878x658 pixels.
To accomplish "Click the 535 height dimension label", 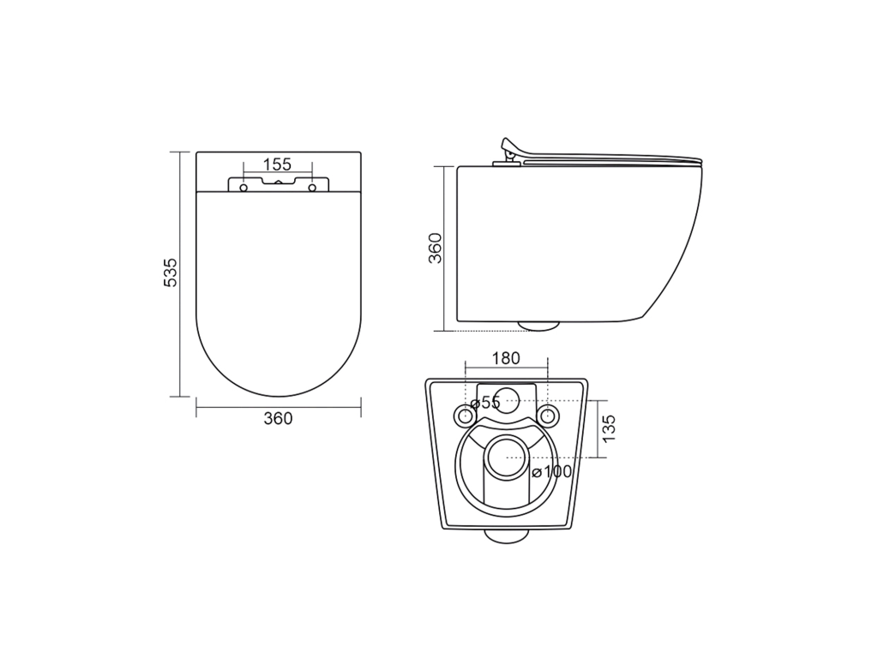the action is (171, 272).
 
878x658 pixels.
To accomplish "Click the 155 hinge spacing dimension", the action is (277, 164).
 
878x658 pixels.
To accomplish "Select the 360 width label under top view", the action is (278, 418).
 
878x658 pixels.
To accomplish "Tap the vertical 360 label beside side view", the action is (435, 248).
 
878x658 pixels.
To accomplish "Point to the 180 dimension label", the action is (506, 358).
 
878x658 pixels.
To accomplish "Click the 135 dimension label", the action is (609, 428).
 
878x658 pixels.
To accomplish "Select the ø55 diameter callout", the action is (484, 403).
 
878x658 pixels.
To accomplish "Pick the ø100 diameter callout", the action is (552, 472).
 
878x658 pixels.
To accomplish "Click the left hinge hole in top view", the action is (244, 188).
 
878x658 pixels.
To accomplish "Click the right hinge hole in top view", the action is (312, 188).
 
